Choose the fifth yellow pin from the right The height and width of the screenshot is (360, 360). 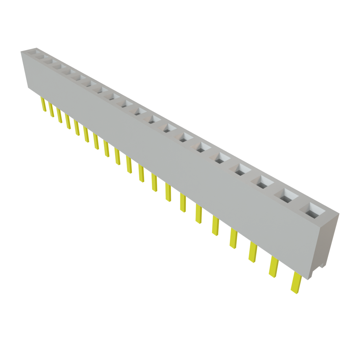215,226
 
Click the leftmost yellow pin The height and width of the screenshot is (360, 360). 44,105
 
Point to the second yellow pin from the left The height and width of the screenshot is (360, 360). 51,110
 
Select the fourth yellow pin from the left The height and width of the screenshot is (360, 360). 68,122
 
